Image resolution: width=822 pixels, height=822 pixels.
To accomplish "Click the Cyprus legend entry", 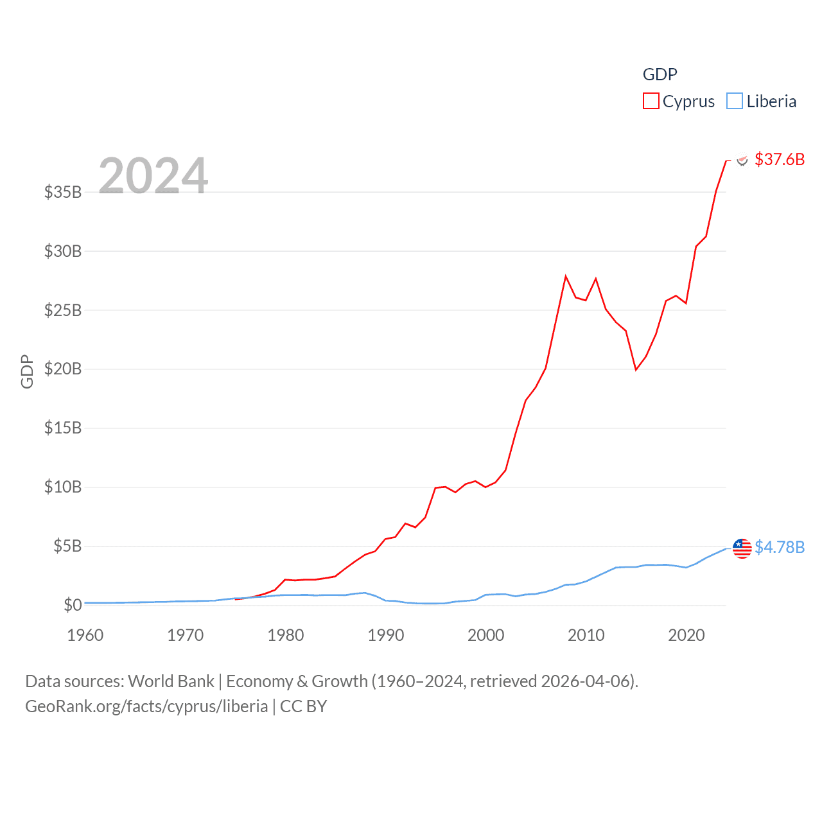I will (x=679, y=101).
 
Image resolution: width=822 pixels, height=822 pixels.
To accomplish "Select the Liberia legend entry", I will (x=762, y=101).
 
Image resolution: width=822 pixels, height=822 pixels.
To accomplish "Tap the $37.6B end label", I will (x=779, y=159).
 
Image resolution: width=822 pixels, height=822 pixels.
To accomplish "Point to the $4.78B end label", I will (x=779, y=547).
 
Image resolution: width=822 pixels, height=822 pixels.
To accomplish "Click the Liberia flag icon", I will (x=742, y=548).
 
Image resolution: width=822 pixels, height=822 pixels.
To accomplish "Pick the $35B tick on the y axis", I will (x=63, y=192).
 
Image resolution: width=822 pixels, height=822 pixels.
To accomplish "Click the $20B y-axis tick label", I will (x=63, y=369).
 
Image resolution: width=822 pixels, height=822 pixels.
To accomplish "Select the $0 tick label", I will (x=73, y=605).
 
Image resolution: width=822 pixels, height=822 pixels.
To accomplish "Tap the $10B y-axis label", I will (x=63, y=487).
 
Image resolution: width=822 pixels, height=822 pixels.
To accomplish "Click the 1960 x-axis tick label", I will (x=85, y=635).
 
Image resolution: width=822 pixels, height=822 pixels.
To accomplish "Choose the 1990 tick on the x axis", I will (x=386, y=635).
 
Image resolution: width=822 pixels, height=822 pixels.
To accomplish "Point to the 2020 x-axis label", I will (x=686, y=635).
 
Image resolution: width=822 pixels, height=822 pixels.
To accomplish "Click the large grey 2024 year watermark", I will (x=153, y=175).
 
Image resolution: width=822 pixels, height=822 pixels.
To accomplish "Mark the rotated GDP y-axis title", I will (x=27, y=371).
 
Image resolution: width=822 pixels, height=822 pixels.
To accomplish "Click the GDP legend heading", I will (x=660, y=74).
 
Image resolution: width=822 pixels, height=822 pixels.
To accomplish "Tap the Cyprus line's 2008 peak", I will (x=566, y=277).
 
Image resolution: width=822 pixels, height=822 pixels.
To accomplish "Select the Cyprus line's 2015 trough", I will (x=636, y=370).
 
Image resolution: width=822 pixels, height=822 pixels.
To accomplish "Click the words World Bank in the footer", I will (x=171, y=681).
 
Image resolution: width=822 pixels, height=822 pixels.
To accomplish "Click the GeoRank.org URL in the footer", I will (x=146, y=706).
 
